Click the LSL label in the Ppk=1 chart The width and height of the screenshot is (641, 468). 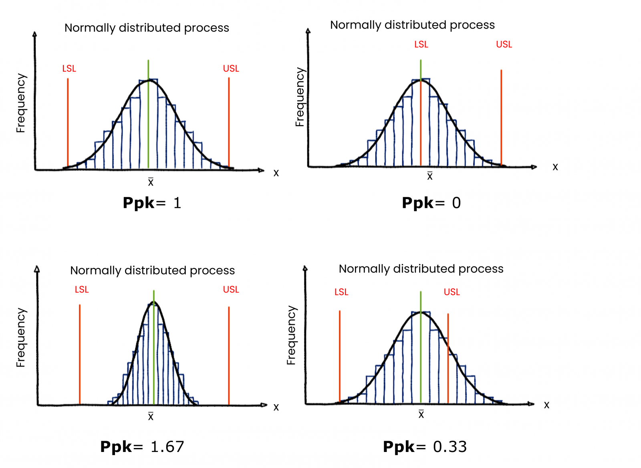coord(69,69)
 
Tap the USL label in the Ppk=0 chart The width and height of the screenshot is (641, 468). coord(504,44)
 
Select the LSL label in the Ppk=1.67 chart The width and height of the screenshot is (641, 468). coord(82,289)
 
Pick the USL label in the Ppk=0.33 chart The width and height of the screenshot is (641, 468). coord(452,292)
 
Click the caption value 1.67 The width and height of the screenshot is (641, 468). coord(167,446)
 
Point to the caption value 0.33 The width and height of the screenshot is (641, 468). coord(450,446)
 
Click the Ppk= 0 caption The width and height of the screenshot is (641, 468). coord(431,203)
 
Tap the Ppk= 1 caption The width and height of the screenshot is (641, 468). coord(152,203)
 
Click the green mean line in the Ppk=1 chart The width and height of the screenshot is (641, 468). coord(148,120)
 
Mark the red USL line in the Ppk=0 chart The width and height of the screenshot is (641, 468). coord(501,120)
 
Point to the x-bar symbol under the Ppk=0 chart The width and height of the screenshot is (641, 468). coord(429,176)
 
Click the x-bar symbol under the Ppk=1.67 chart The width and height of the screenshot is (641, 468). coord(151,416)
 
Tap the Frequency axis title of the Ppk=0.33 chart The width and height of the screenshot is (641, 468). coord(291,335)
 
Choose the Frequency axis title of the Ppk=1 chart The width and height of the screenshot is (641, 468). coord(20,103)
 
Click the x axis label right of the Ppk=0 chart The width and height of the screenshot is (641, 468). coord(555,167)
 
